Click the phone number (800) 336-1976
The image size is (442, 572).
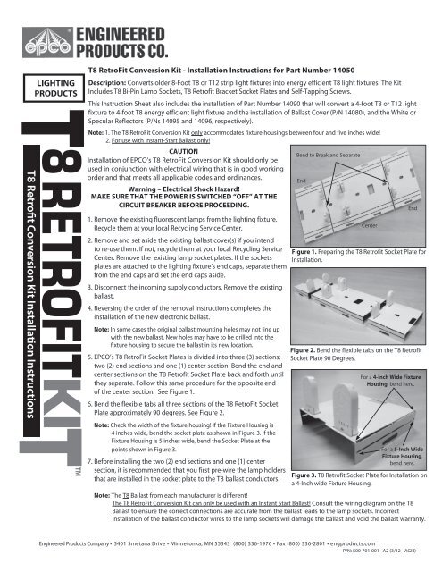pos(257,543)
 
